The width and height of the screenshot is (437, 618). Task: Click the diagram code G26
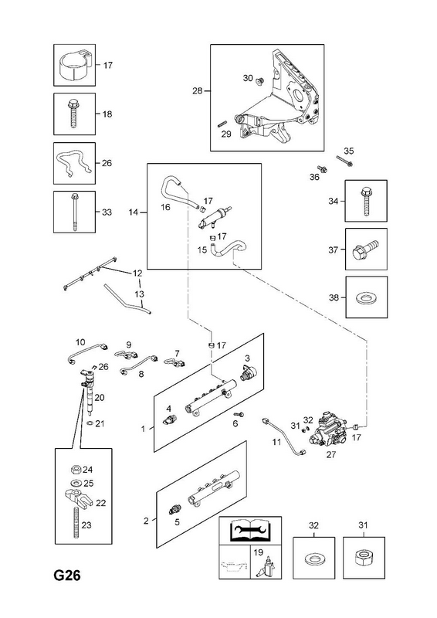click(67, 576)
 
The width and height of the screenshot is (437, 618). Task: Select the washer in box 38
click(365, 297)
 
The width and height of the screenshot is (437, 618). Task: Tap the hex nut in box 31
click(363, 558)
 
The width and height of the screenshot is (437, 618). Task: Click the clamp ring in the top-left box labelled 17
click(75, 63)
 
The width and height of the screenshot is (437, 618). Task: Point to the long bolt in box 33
click(74, 211)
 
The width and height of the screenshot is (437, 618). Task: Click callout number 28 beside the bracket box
click(197, 91)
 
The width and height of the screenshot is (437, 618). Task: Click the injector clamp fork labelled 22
click(79, 497)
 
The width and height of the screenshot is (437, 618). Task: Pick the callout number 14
click(134, 212)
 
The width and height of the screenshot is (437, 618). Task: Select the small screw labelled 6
click(239, 415)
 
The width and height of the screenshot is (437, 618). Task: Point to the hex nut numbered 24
click(76, 470)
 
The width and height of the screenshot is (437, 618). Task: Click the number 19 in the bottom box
click(258, 552)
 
